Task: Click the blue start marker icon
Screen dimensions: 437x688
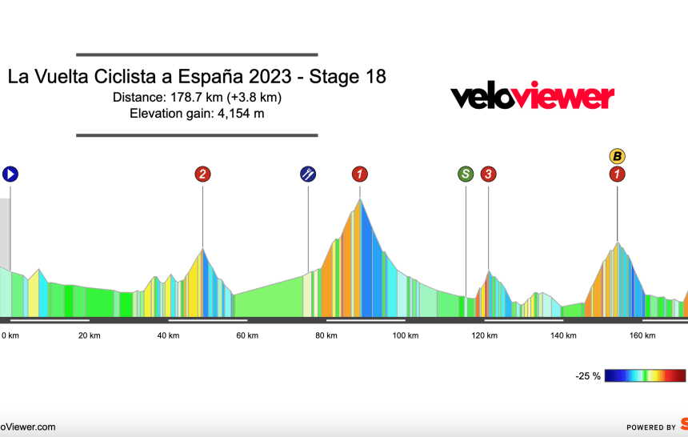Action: tap(10, 174)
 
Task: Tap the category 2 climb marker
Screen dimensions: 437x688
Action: tap(202, 174)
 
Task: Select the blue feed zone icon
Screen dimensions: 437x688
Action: tap(308, 174)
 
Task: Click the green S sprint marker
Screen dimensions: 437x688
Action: tap(466, 174)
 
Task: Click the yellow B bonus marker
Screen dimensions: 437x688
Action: tap(617, 155)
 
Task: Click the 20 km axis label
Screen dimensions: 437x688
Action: tap(89, 335)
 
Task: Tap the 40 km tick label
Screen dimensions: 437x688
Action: tap(168, 335)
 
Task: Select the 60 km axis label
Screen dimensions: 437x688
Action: tap(247, 335)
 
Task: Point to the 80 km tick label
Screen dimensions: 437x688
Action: tap(326, 335)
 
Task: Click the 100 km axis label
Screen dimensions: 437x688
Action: tap(406, 335)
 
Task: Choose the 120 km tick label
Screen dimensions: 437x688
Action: tap(485, 335)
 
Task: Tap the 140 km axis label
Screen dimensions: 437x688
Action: tap(564, 335)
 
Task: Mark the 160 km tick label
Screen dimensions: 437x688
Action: tap(643, 335)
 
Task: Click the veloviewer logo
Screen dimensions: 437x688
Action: tap(532, 96)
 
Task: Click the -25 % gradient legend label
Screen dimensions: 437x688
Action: tap(587, 376)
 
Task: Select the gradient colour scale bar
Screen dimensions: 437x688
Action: tap(646, 375)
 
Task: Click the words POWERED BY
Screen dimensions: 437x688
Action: tap(650, 427)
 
